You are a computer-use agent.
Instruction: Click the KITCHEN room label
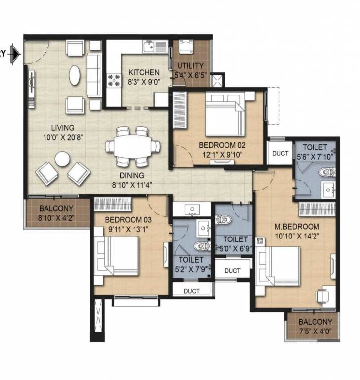(144, 72)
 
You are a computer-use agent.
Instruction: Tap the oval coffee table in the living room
(74, 75)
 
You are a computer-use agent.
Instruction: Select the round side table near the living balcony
(62, 159)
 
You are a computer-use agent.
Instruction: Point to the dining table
(132, 146)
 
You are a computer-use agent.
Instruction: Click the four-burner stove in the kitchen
(114, 80)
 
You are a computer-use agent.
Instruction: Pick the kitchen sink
(149, 47)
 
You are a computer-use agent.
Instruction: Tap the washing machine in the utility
(186, 47)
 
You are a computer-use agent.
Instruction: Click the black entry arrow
(16, 54)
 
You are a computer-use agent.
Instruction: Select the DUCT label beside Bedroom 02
(280, 153)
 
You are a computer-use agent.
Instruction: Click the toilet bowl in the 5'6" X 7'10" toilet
(327, 172)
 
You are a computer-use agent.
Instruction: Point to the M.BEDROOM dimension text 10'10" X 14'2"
(297, 236)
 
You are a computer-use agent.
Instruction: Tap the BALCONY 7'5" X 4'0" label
(315, 326)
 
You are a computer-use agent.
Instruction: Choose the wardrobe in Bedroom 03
(112, 204)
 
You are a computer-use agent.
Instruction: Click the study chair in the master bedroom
(322, 297)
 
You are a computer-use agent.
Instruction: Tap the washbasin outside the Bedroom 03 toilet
(192, 209)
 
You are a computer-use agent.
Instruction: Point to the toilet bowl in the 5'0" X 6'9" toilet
(223, 219)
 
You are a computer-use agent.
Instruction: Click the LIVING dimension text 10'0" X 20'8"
(63, 138)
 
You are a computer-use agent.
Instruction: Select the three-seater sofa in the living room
(94, 75)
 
